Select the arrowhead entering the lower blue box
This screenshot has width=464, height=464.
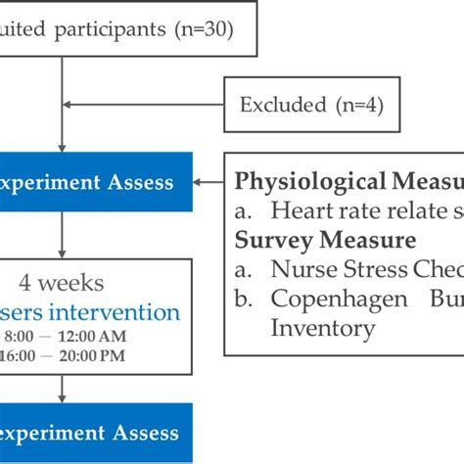[x=63, y=398]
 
